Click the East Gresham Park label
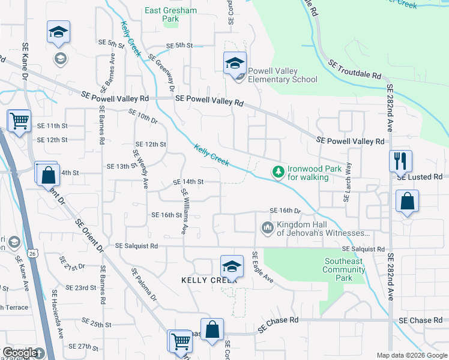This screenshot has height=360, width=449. [162, 14]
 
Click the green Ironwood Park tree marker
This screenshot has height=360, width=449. [277, 172]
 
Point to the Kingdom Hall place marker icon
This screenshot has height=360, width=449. [267, 228]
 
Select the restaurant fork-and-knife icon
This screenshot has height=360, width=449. [400, 160]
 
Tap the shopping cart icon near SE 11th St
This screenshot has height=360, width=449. [20, 120]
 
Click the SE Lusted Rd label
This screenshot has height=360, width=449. [420, 177]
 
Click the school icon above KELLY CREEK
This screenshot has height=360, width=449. [232, 266]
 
